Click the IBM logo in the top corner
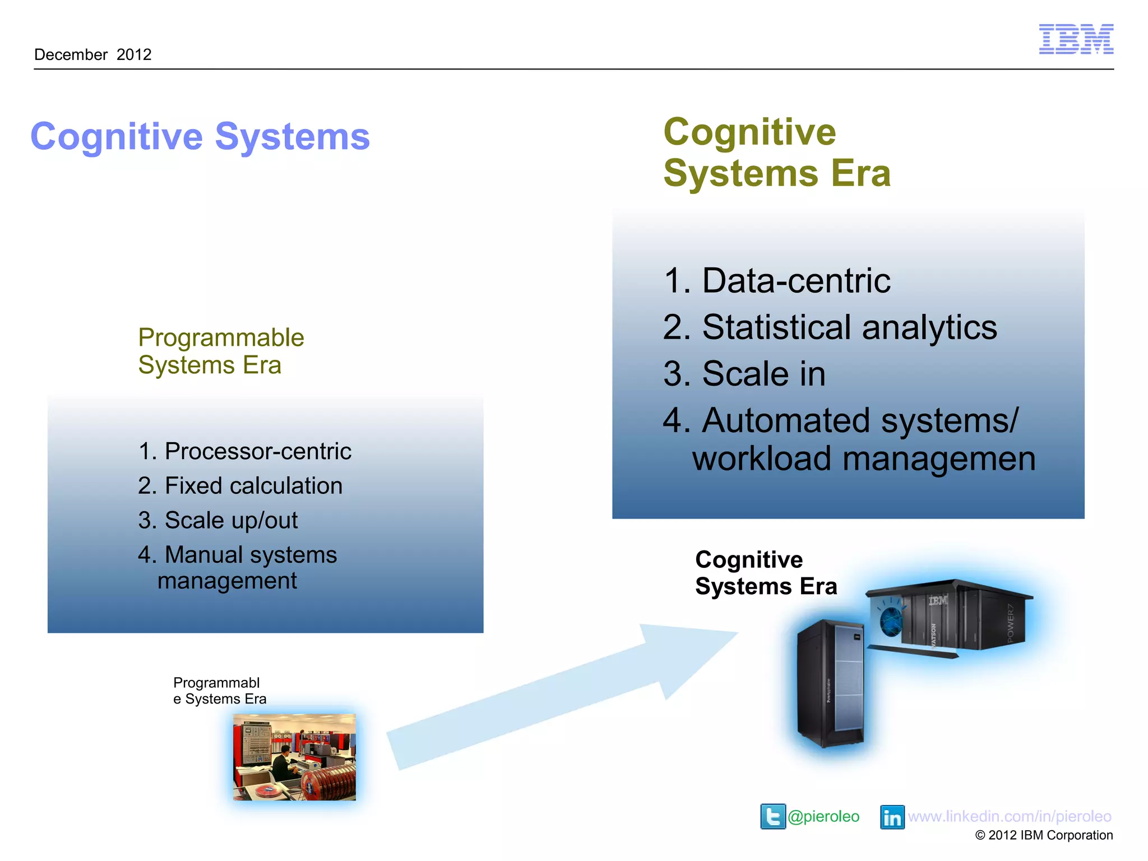click(1076, 39)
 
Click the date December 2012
click(93, 54)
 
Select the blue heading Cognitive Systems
click(200, 136)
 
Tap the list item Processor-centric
click(245, 451)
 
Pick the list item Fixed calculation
click(240, 485)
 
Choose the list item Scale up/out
click(218, 520)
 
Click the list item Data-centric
click(777, 280)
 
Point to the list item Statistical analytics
click(830, 327)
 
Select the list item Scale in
click(744, 373)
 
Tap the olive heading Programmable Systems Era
click(221, 351)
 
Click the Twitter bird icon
click(773, 816)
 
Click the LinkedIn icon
click(892, 817)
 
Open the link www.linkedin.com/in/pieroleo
click(1010, 816)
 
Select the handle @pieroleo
click(823, 816)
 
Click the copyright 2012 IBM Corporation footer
click(1044, 835)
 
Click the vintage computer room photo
click(294, 757)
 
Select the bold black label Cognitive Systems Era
click(766, 573)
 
